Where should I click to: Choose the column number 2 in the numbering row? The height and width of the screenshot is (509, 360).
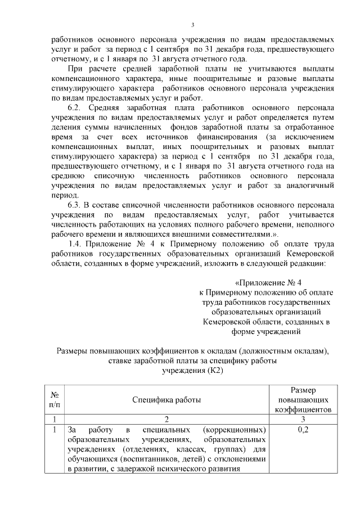point(166,419)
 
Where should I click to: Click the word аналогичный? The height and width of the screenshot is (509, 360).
point(309,184)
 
